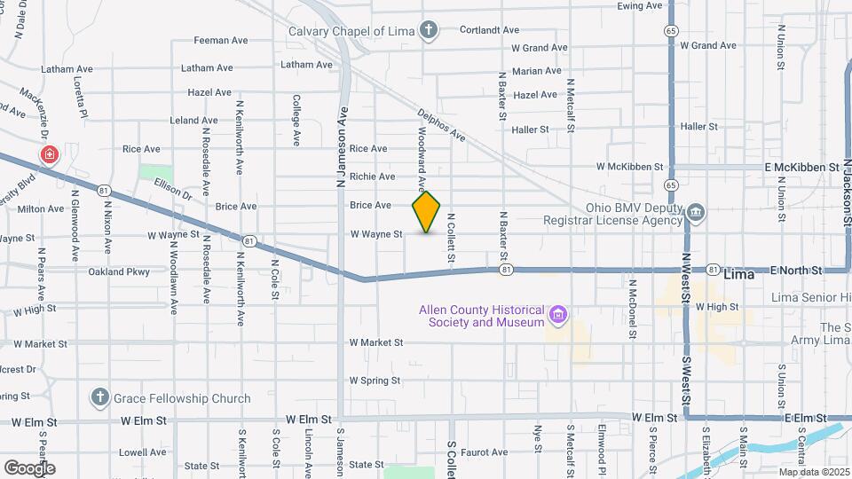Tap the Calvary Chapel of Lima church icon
[x=429, y=32]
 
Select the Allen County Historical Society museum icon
[x=557, y=313]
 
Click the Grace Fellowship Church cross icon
[x=99, y=397]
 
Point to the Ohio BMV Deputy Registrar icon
[x=696, y=211]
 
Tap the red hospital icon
[x=49, y=155]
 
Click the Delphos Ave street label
[x=441, y=125]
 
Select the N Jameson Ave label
[x=340, y=147]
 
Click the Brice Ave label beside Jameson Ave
[x=370, y=205]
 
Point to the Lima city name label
[x=738, y=274]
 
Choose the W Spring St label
[x=376, y=380]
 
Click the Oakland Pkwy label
[x=125, y=271]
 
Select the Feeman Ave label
[x=220, y=40]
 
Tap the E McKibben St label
[x=801, y=166]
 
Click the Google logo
[x=29, y=467]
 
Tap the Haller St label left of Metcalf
[x=531, y=129]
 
